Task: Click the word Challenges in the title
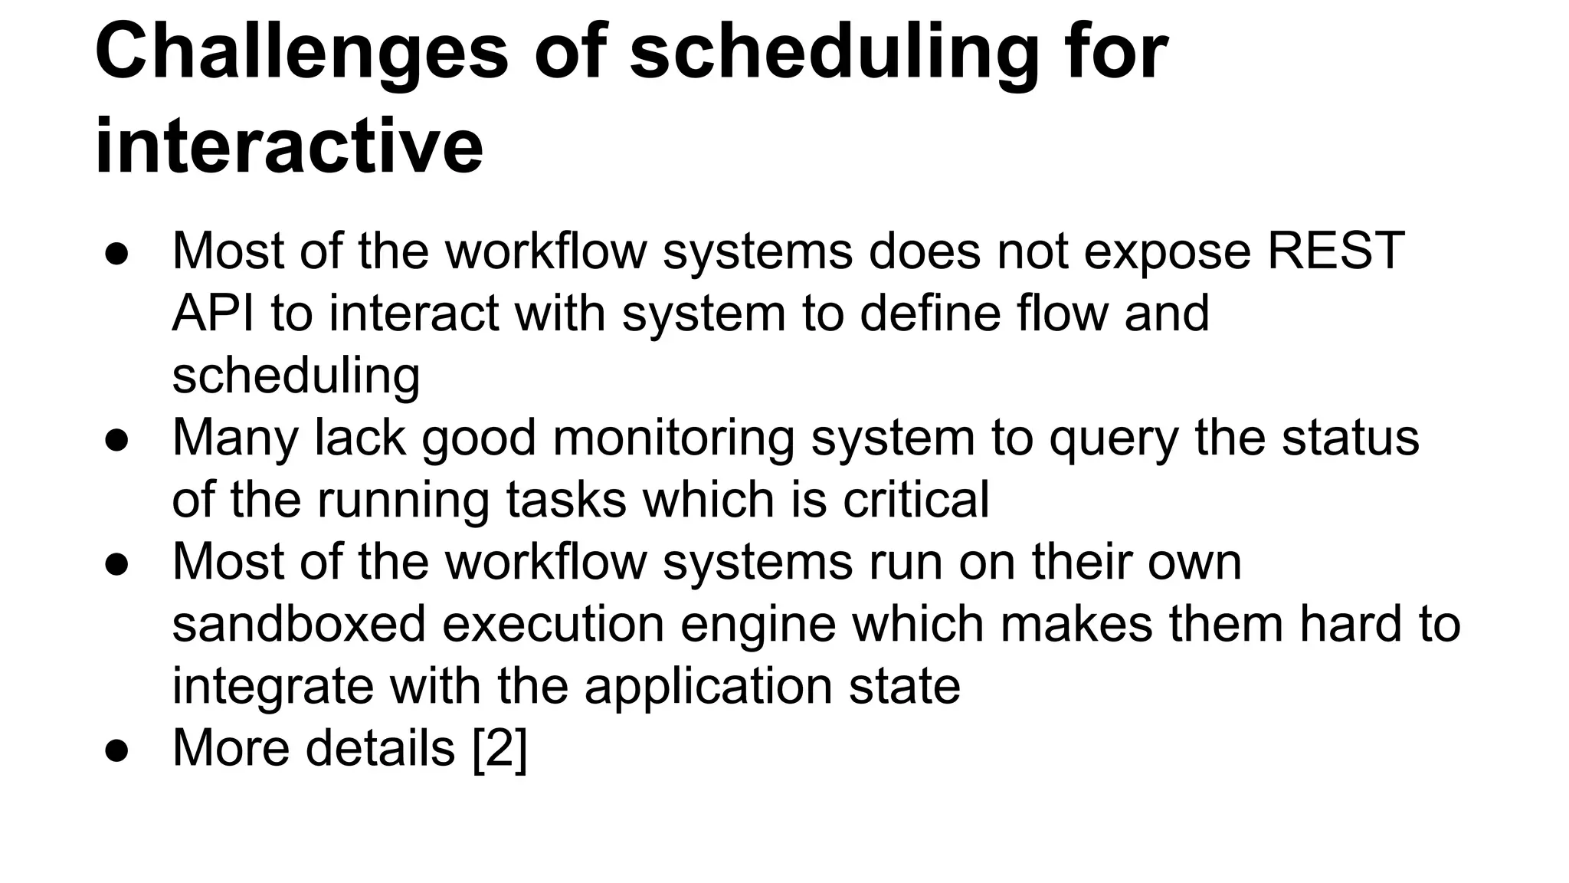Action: point(302,51)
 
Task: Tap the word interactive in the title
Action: point(289,146)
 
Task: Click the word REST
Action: point(1336,251)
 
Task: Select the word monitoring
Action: point(673,438)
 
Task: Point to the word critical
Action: point(916,500)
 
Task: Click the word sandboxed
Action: point(299,624)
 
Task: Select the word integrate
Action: point(272,687)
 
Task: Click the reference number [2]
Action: point(500,748)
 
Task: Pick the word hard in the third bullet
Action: point(1353,624)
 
